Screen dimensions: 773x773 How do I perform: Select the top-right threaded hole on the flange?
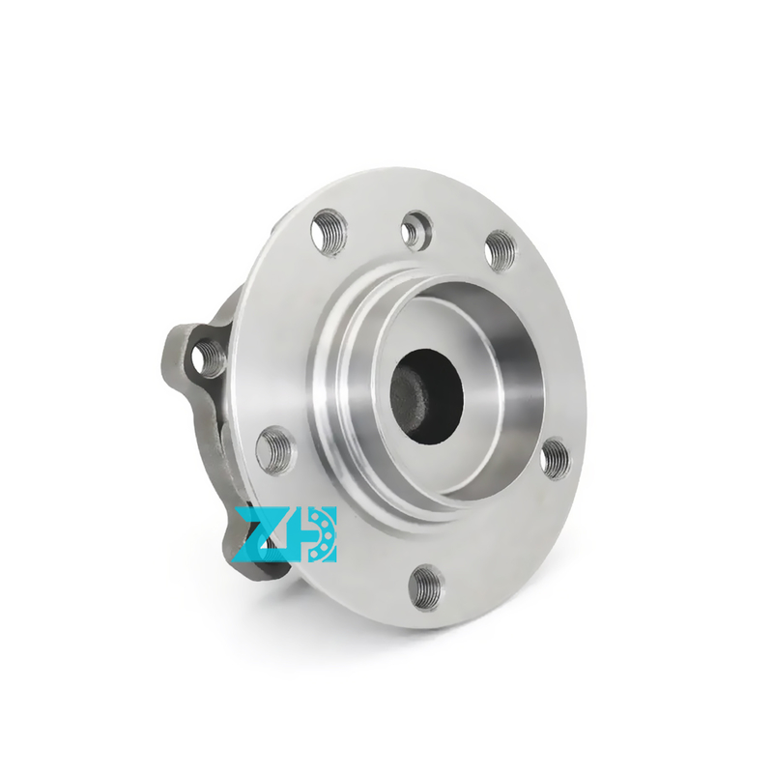[501, 249]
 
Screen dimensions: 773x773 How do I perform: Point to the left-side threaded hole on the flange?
[276, 450]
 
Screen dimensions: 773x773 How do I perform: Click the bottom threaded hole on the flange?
[427, 587]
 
